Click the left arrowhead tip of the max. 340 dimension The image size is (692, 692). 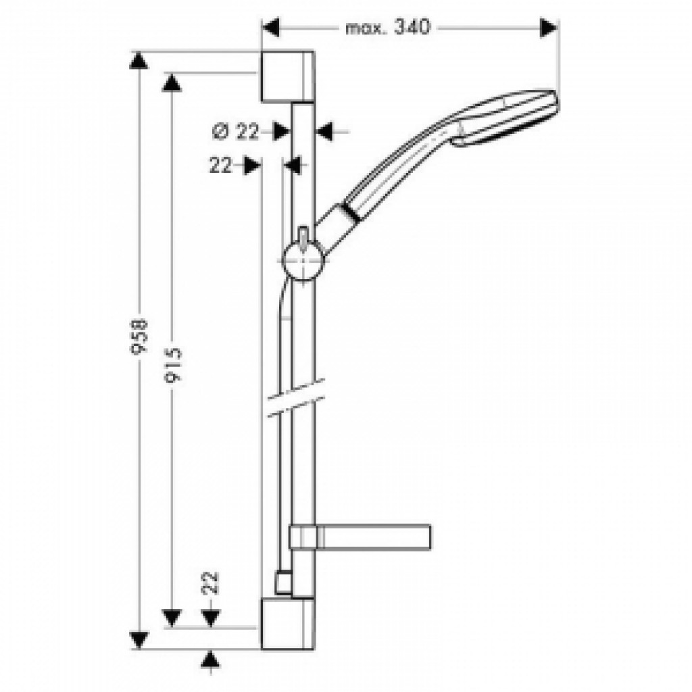[263, 28]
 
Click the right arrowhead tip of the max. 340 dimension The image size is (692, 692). [558, 28]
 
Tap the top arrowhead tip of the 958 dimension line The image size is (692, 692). [139, 52]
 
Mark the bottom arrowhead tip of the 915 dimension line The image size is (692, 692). [172, 626]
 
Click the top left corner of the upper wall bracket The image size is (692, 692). [262, 51]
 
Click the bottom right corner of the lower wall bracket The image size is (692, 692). [314, 649]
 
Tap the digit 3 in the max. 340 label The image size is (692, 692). [400, 27]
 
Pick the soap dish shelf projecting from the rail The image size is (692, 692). [360, 537]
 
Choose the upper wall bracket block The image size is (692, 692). [288, 77]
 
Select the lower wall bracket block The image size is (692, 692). [288, 624]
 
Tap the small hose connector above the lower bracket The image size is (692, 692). [283, 582]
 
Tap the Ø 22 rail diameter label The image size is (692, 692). [235, 132]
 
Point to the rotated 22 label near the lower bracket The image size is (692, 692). [211, 582]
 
